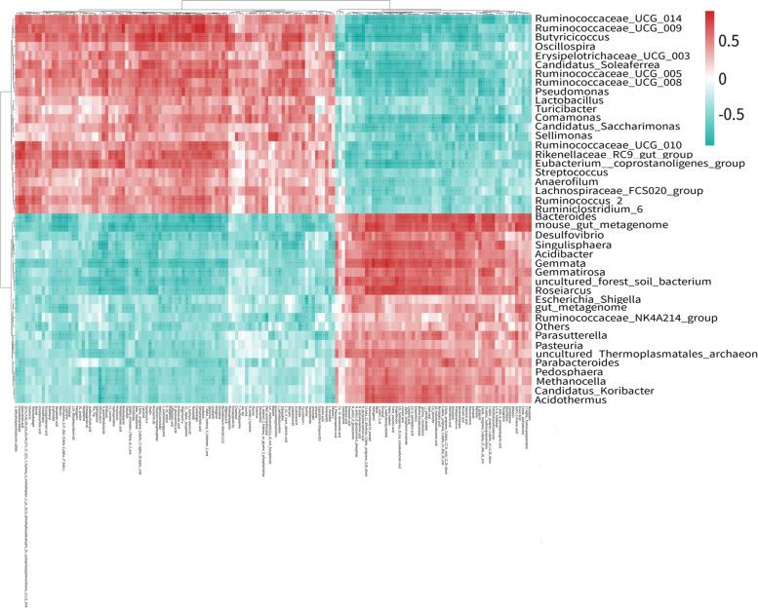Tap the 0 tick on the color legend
723,78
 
